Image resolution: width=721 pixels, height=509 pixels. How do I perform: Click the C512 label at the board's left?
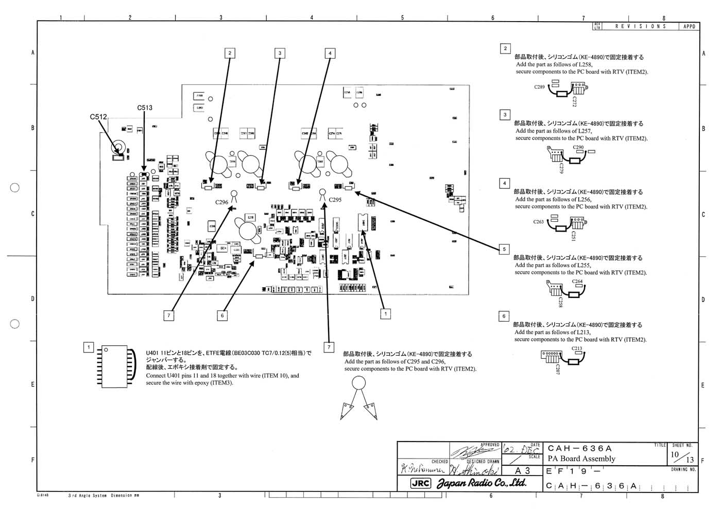[98, 117]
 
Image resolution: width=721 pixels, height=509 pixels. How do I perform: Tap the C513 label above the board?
[145, 108]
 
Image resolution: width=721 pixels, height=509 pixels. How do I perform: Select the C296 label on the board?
[221, 202]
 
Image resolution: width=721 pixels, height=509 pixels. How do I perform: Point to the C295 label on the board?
[335, 200]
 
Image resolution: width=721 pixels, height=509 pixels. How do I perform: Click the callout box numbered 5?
[504, 249]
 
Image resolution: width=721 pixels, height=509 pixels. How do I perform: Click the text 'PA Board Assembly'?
[581, 459]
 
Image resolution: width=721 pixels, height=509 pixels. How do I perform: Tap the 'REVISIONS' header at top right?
[641, 26]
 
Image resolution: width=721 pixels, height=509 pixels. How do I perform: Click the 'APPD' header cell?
[689, 26]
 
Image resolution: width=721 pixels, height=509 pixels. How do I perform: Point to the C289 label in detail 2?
[539, 87]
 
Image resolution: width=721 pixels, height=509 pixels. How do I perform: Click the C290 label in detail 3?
[578, 147]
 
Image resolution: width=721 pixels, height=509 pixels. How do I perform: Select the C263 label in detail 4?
[538, 222]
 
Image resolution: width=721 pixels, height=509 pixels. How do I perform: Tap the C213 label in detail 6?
[577, 348]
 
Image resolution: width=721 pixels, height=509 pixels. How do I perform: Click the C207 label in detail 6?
[557, 368]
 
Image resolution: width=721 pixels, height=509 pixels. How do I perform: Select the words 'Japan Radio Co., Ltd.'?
[482, 483]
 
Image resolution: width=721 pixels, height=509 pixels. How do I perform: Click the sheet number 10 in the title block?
[675, 454]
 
